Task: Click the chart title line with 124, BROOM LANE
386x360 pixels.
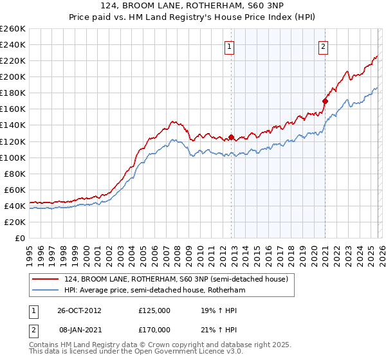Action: pos(192,6)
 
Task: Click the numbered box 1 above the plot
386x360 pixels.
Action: pos(230,46)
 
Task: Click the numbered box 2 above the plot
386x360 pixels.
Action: pos(323,46)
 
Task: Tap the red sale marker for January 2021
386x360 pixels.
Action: pos(325,101)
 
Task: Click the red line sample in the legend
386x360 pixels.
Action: pos(46,279)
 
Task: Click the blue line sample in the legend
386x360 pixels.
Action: pos(46,290)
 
